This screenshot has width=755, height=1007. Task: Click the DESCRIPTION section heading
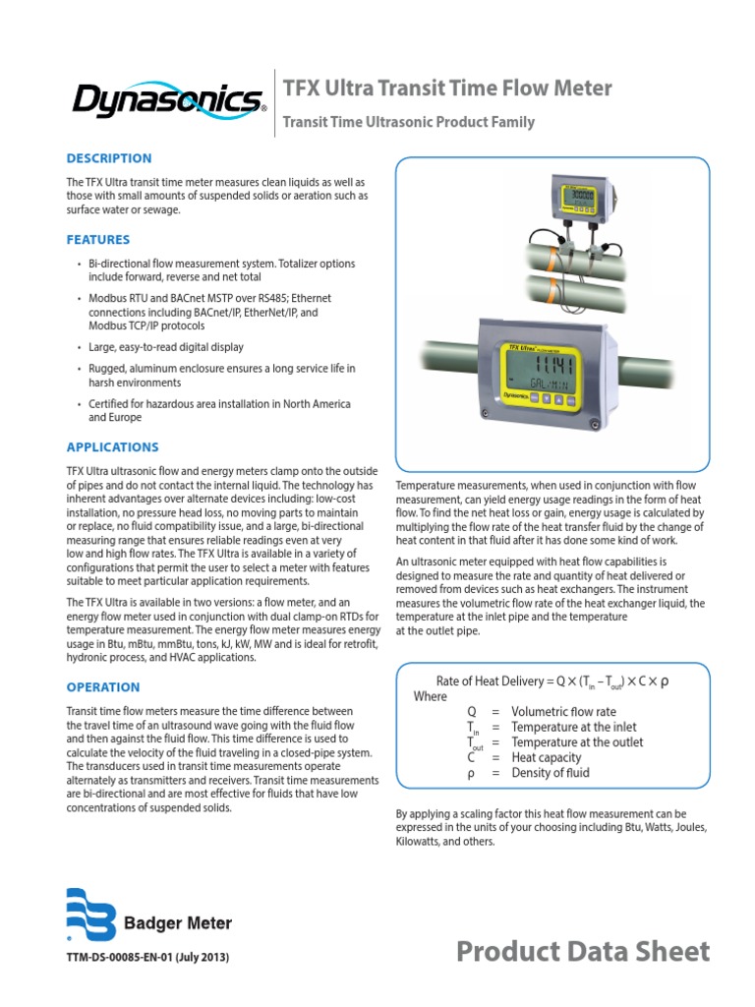point(109,158)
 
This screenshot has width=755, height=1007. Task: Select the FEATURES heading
point(98,240)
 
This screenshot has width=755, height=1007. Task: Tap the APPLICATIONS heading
point(112,447)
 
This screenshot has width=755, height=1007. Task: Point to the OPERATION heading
point(103,687)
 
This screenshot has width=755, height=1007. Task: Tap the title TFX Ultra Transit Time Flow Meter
point(447,89)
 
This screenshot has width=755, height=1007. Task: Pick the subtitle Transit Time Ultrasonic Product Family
point(409,123)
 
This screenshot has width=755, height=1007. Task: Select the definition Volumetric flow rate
point(564,712)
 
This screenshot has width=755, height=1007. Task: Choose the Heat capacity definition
point(546,758)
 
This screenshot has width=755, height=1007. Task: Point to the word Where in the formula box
point(430,696)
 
